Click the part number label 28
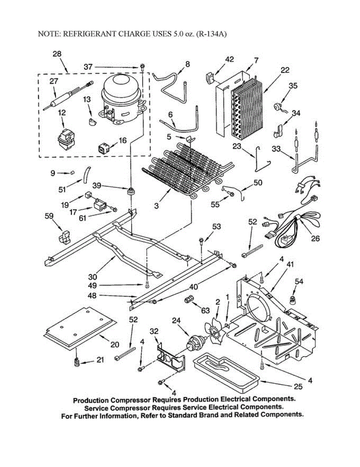click(57, 54)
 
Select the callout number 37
click(88, 67)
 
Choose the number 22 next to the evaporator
click(285, 70)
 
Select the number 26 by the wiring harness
click(315, 238)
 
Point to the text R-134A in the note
click(212, 34)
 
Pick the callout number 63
click(205, 310)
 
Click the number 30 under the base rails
click(92, 277)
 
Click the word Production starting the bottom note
click(91, 400)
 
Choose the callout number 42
click(230, 59)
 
